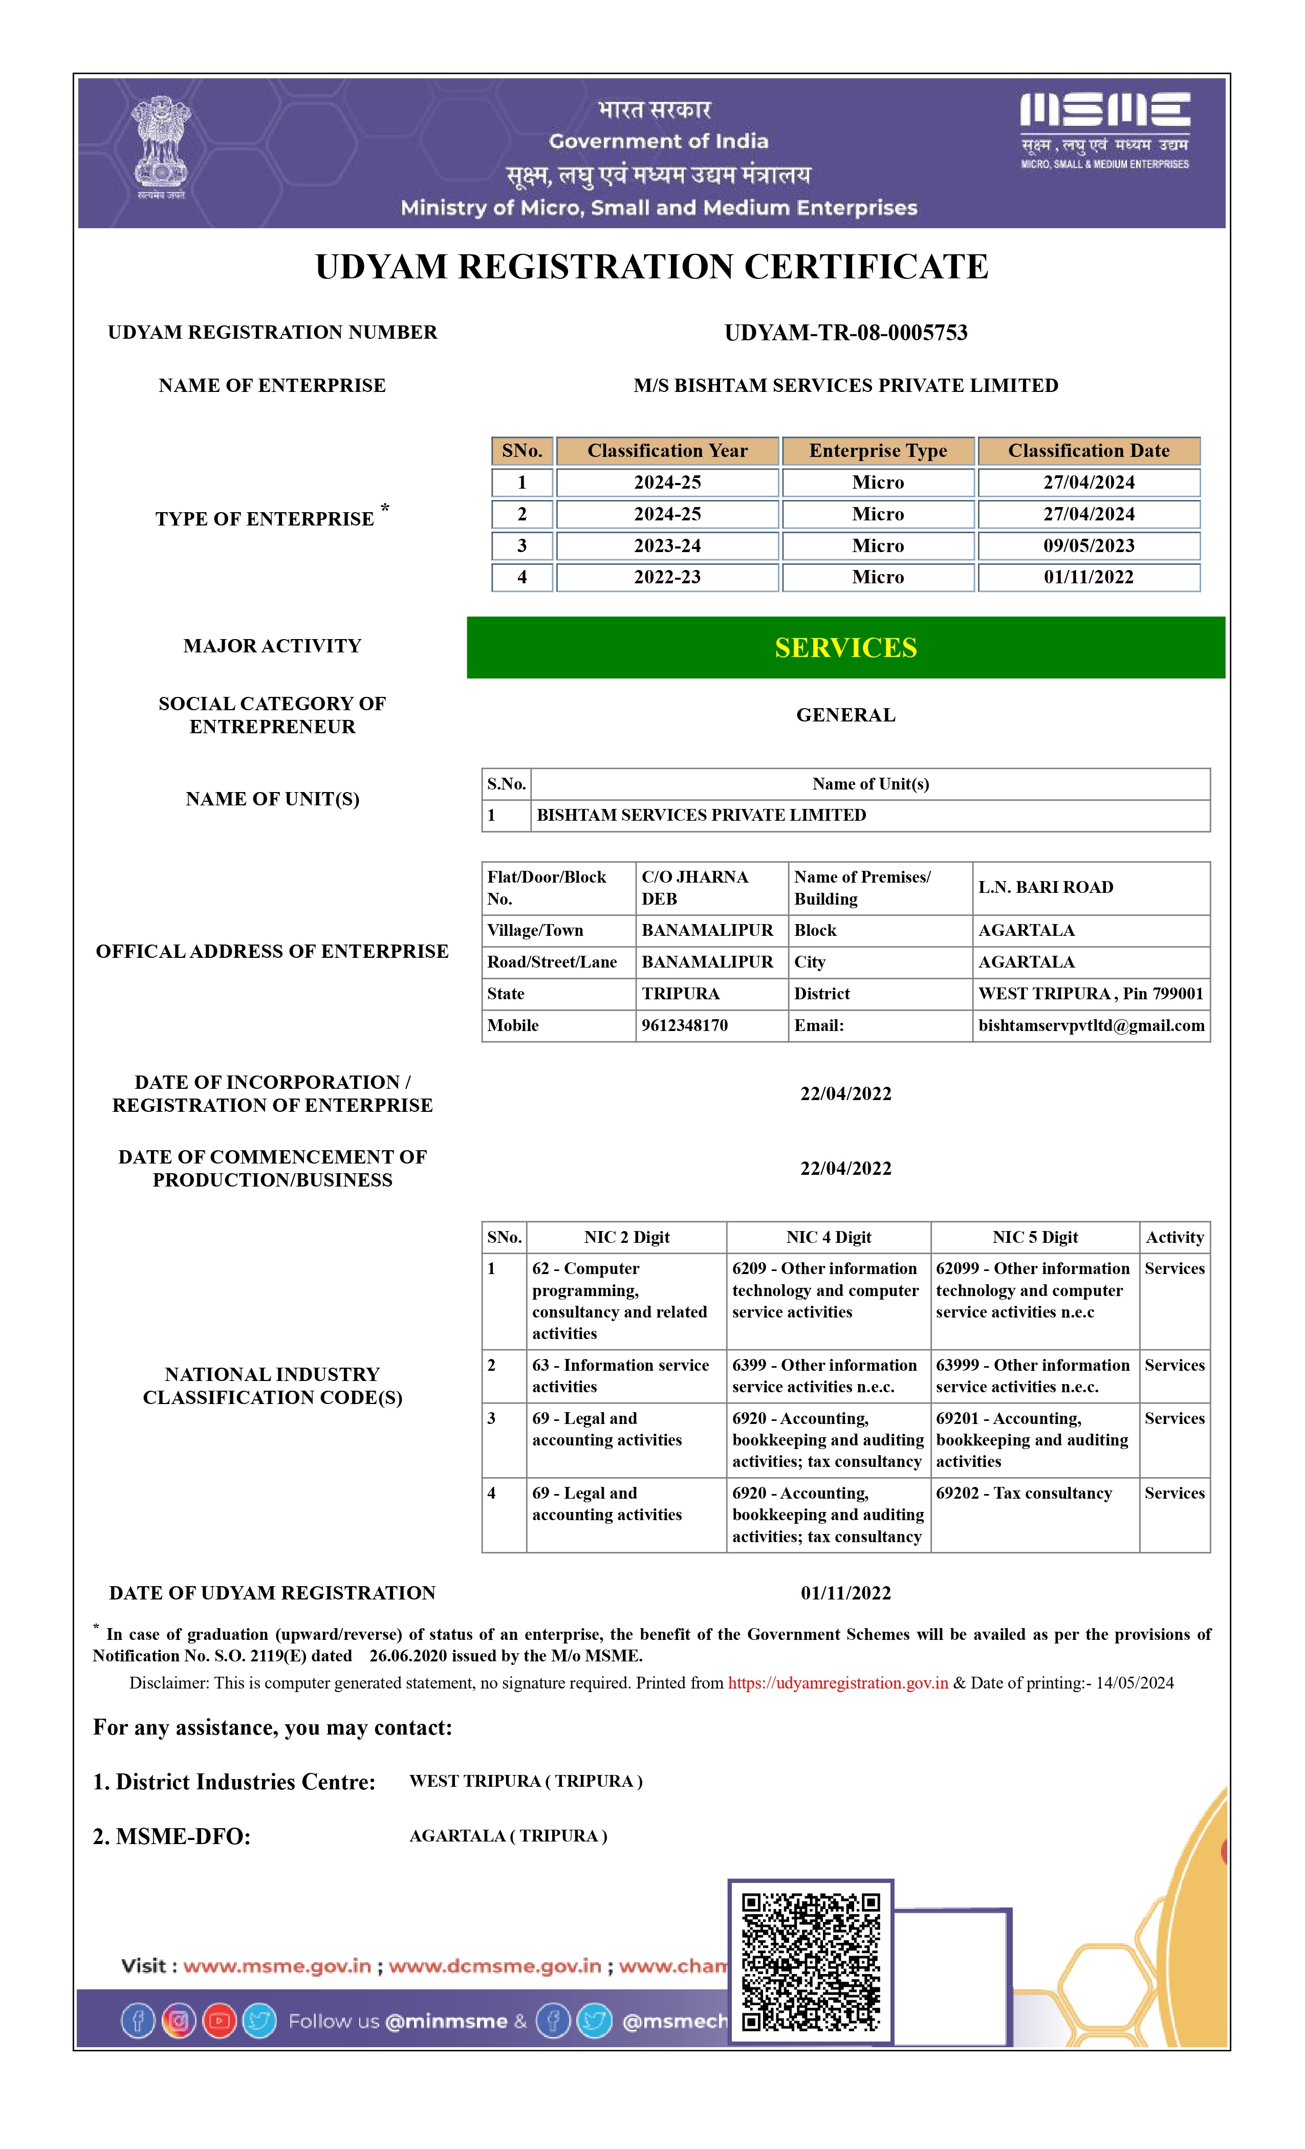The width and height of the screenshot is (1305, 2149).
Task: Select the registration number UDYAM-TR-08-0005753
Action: pyautogui.click(x=845, y=332)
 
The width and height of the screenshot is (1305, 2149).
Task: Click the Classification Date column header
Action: pyautogui.click(x=1088, y=451)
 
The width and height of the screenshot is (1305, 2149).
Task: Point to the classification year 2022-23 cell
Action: pyautogui.click(x=667, y=577)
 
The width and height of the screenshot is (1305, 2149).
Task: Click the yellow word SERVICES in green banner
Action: pyautogui.click(x=845, y=648)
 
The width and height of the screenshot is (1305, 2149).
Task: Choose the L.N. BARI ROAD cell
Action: pyautogui.click(x=1045, y=887)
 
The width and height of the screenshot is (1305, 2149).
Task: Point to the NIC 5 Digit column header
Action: pyautogui.click(x=1035, y=1237)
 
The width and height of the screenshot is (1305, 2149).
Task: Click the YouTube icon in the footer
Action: pyautogui.click(x=219, y=2021)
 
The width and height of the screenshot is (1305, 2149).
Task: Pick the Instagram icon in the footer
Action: pyautogui.click(x=179, y=2021)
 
